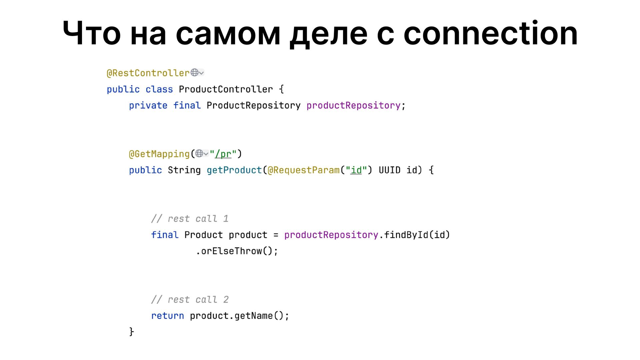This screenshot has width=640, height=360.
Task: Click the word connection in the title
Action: [490, 34]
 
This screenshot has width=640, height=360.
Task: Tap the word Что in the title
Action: [92, 34]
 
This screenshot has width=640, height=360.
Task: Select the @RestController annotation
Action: [148, 73]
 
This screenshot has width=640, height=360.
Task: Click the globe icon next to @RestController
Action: [195, 72]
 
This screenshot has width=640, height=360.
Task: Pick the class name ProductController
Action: [226, 89]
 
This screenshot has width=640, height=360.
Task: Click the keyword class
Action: [159, 89]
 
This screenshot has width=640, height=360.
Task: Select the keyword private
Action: [148, 105]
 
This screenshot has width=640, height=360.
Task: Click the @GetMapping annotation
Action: [159, 154]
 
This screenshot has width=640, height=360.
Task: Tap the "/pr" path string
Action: [223, 154]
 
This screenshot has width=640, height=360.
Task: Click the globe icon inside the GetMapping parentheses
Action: [199, 153]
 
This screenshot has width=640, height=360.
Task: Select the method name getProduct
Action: [234, 170]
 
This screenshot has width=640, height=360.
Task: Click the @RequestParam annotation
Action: [303, 170]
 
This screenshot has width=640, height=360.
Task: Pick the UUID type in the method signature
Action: [389, 170]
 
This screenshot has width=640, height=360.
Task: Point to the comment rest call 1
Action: [190, 219]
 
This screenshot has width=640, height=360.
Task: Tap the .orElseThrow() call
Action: [237, 251]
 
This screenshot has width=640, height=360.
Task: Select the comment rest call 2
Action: [190, 300]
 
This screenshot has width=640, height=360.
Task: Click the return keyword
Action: [167, 316]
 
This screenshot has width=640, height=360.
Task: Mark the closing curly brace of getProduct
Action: [131, 332]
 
